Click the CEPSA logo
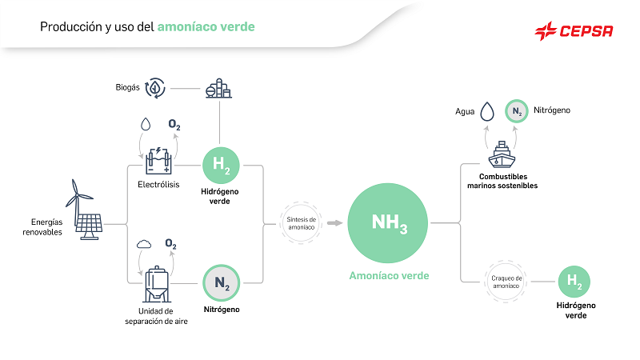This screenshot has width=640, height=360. (574, 31)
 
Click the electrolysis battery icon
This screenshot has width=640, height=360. (157, 161)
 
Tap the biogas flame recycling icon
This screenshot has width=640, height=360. (154, 88)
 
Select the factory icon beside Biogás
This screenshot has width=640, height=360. (217, 88)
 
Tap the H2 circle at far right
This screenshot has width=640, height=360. (574, 282)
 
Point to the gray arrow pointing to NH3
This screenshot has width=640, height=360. (332, 222)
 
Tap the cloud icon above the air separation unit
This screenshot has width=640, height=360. (145, 243)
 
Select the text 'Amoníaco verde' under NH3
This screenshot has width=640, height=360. (390, 275)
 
